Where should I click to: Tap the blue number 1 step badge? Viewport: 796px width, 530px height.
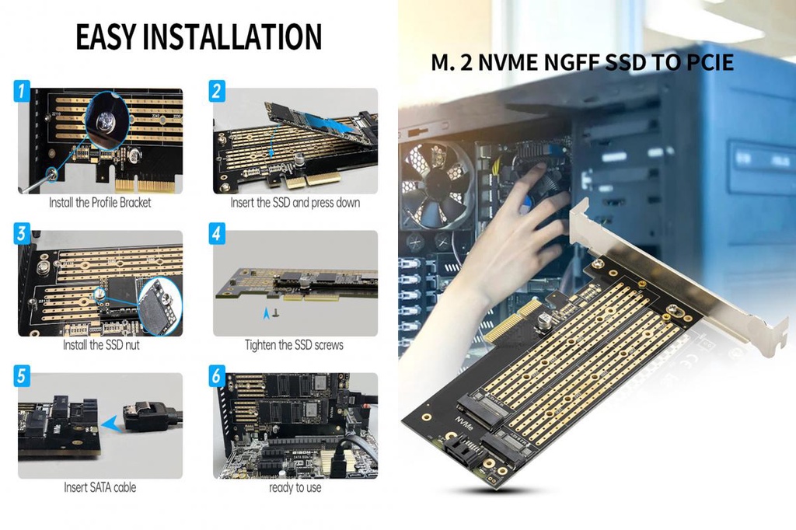click(22, 92)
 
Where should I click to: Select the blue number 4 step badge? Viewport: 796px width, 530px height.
click(217, 234)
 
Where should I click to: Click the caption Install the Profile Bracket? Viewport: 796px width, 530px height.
click(99, 203)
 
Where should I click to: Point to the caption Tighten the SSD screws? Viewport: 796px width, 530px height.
click(294, 344)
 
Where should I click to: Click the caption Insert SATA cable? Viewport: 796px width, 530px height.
click(99, 487)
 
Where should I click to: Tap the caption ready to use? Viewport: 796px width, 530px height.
click(295, 487)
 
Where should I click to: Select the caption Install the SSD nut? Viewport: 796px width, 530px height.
click(101, 344)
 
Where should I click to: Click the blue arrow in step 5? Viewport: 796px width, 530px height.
click(113, 423)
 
